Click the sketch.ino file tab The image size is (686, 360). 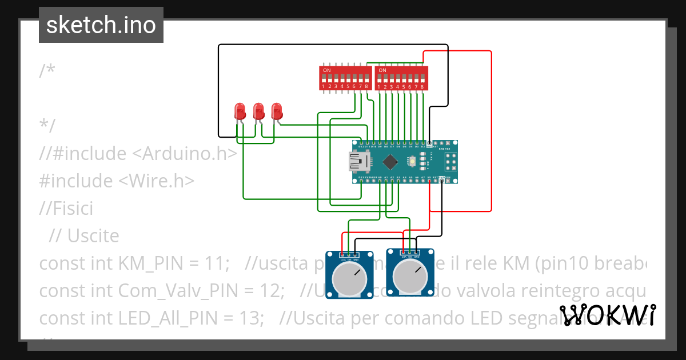[x=101, y=25]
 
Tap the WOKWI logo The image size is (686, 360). [x=608, y=315]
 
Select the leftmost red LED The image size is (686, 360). [x=240, y=111]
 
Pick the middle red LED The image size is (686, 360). [x=258, y=111]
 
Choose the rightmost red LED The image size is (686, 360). [x=277, y=111]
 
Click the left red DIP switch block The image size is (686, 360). [x=345, y=78]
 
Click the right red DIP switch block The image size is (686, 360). [x=401, y=78]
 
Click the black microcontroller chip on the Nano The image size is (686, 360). [x=390, y=162]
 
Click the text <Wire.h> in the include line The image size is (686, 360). [x=157, y=181]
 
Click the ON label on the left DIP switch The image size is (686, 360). [x=326, y=70]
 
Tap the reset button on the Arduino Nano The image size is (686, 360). [x=412, y=162]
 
